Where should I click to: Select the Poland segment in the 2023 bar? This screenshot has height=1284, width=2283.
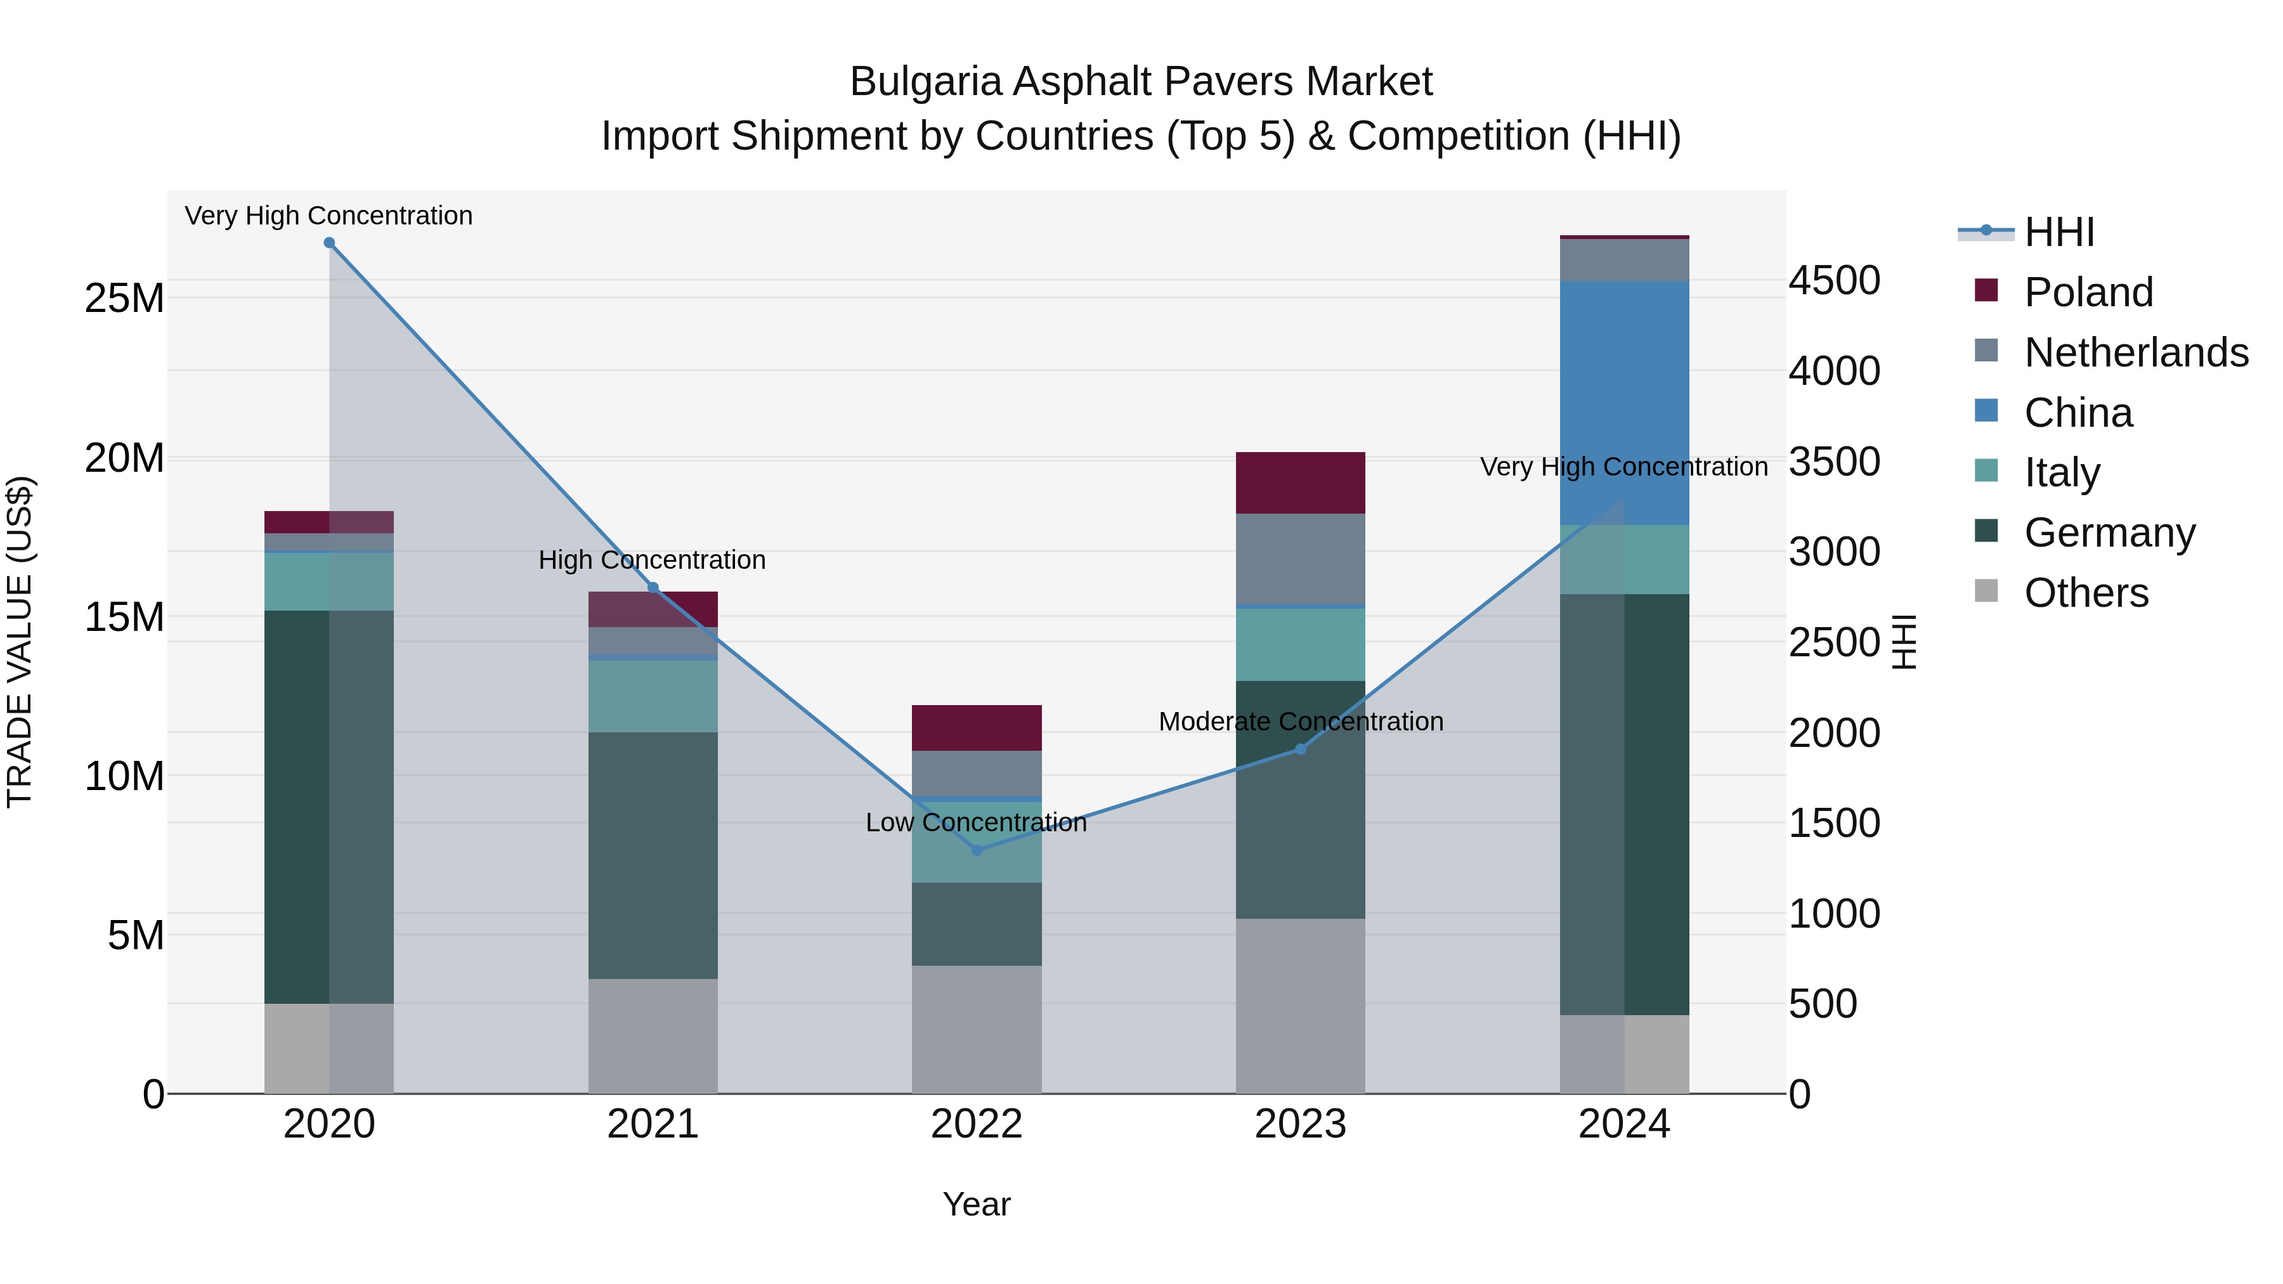click(1300, 483)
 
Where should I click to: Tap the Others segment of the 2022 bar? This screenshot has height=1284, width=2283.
click(977, 1030)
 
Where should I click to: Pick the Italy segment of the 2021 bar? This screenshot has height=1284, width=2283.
click(653, 696)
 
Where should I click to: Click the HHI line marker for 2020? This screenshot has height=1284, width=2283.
click(328, 243)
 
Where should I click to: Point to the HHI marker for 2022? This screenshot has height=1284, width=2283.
click(977, 850)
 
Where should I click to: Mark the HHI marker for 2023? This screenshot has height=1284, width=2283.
click(1300, 749)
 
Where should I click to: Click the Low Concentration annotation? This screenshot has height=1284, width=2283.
click(976, 822)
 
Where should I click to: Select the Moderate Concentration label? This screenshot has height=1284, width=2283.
click(1300, 722)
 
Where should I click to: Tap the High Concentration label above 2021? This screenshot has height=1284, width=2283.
click(653, 560)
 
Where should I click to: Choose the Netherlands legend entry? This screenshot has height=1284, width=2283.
click(2135, 353)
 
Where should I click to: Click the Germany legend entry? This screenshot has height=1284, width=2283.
click(2109, 533)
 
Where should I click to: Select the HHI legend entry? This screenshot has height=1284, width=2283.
click(2058, 232)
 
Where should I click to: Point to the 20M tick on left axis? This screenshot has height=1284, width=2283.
click(124, 458)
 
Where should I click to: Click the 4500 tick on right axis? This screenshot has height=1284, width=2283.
click(1833, 280)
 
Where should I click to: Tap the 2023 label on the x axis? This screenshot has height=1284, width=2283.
click(1300, 1124)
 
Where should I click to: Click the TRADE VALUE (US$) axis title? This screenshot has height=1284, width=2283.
click(20, 642)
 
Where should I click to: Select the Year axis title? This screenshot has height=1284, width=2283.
click(977, 1204)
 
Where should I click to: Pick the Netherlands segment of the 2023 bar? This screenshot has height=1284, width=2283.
click(1300, 559)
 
